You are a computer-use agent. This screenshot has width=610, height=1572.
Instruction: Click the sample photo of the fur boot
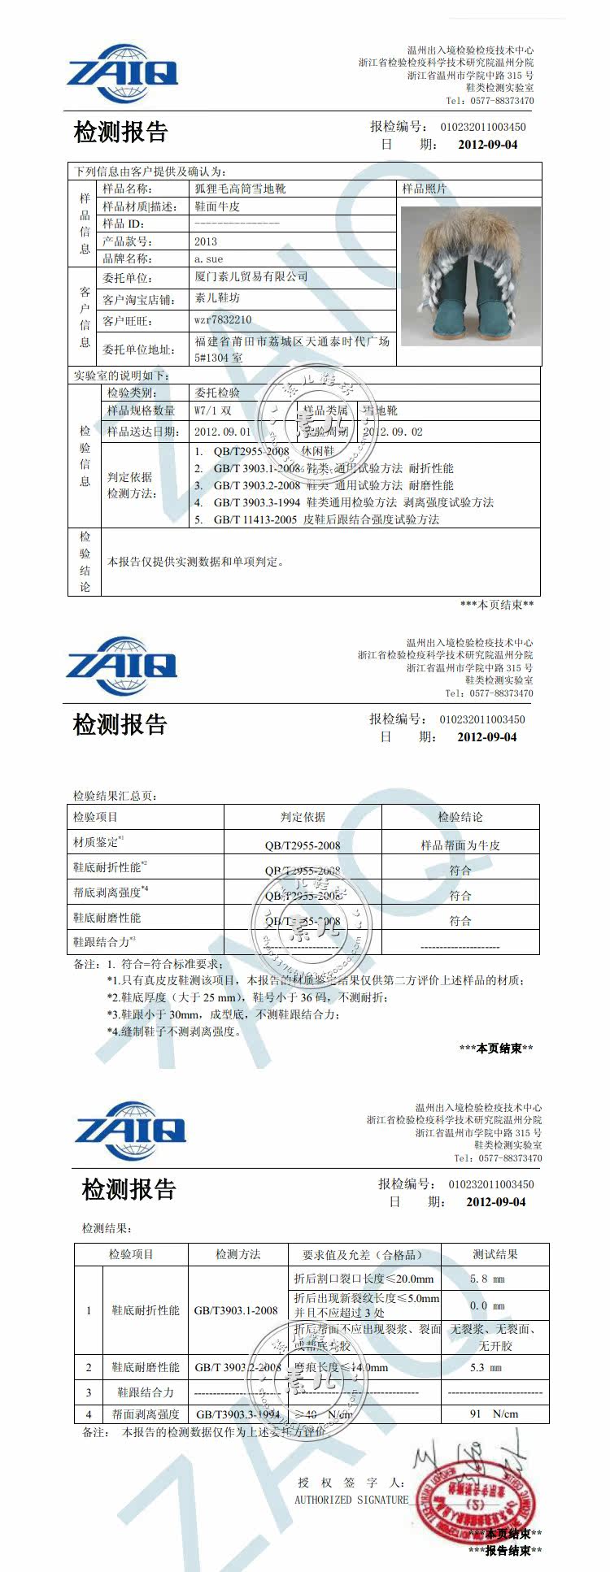[x=470, y=276]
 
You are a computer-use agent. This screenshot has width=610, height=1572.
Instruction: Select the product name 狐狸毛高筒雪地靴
[x=240, y=189]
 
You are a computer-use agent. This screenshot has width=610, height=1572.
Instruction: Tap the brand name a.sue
[x=208, y=258]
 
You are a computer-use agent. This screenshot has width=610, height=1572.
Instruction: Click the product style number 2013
[x=206, y=241]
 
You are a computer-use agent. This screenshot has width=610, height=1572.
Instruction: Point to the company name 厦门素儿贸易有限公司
[x=251, y=277]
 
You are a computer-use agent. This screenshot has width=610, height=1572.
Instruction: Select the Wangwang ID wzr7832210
[x=223, y=320]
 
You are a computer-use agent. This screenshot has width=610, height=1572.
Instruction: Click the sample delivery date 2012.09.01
[x=223, y=432]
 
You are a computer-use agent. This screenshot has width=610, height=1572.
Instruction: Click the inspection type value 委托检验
[x=217, y=393]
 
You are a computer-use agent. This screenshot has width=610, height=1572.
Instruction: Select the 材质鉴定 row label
[x=96, y=842]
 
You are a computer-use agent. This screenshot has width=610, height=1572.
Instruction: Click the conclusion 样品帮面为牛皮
[x=460, y=845]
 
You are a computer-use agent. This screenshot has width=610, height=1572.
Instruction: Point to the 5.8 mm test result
[x=487, y=1279]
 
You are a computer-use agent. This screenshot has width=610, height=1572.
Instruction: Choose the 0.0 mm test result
[x=487, y=1305]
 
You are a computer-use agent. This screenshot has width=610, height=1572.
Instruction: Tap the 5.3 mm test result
[x=486, y=1367]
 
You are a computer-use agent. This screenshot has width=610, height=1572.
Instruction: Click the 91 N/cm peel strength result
[x=494, y=1413]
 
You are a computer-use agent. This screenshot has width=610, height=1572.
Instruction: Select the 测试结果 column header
[x=495, y=1254]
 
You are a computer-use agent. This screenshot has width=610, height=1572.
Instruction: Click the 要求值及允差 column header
[x=363, y=1254]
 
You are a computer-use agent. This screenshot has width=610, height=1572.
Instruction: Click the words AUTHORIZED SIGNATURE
[x=351, y=1500]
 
